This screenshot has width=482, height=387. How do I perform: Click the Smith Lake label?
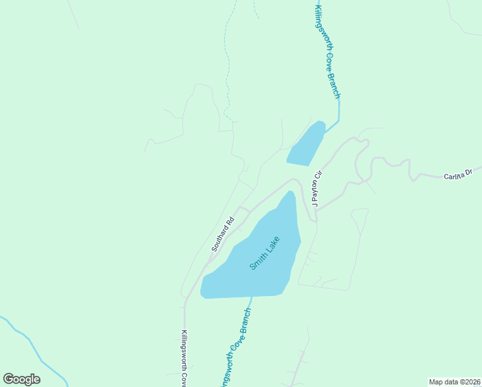click(265, 253)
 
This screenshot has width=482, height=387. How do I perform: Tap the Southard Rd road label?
click(222, 233)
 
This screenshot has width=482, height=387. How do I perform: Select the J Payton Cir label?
click(316, 188)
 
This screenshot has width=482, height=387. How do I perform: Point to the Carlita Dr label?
click(458, 174)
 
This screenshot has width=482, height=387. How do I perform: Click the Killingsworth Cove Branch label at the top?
click(327, 52)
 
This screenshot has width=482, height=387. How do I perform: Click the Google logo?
click(22, 379)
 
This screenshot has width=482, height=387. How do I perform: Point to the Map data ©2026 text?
click(454, 381)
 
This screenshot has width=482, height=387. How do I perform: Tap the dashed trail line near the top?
click(226, 64)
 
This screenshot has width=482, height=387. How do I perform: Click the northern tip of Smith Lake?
click(291, 193)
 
